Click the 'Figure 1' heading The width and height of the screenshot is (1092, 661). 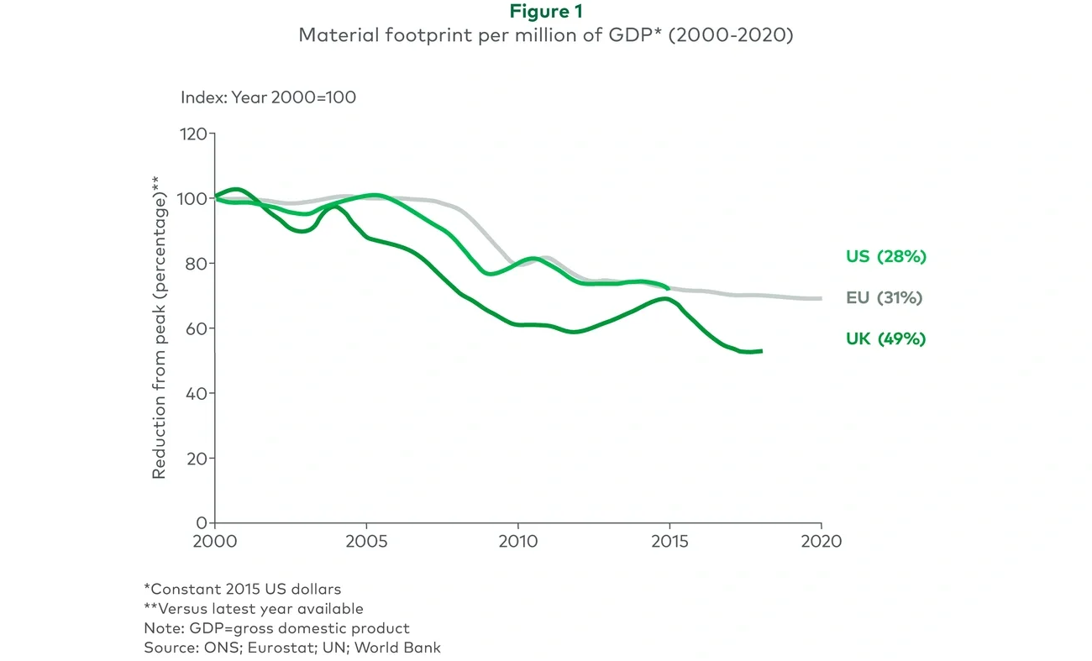click(x=546, y=12)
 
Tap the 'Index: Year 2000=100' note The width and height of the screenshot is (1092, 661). click(x=268, y=97)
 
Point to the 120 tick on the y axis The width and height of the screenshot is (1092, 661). click(x=194, y=134)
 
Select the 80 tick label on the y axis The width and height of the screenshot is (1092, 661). click(x=195, y=263)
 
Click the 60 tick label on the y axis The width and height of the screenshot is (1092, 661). click(x=195, y=328)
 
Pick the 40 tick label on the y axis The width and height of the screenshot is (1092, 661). click(x=195, y=393)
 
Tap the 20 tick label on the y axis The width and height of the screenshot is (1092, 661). click(x=195, y=458)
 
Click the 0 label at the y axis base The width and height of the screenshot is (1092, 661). click(x=202, y=522)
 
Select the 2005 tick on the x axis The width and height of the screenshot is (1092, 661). click(x=366, y=542)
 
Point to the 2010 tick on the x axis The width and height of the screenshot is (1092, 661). click(x=517, y=542)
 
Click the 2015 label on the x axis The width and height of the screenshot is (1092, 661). click(x=669, y=542)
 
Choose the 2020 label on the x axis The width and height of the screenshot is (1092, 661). click(x=821, y=542)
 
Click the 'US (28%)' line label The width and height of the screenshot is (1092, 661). click(x=885, y=257)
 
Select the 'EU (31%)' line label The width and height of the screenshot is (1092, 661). click(x=885, y=298)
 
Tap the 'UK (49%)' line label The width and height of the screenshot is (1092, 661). click(x=885, y=339)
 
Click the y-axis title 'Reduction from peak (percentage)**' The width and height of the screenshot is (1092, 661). click(x=160, y=328)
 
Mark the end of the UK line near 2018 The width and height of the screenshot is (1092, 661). click(x=760, y=351)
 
